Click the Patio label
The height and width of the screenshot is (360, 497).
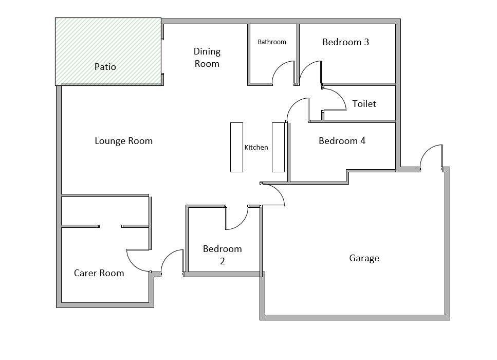point(105,67)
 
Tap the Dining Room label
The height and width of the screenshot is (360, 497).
point(207,58)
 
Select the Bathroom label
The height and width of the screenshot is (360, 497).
point(272,42)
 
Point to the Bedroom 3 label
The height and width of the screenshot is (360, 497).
point(345,42)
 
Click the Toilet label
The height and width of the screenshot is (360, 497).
point(364,104)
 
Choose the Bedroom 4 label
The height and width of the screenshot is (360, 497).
point(342,141)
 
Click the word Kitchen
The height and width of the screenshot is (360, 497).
point(256,148)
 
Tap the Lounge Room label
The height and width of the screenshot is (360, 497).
point(123,141)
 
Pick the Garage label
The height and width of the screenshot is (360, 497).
point(364,258)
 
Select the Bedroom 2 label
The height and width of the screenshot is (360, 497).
point(222,255)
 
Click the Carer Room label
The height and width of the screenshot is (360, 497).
point(99,273)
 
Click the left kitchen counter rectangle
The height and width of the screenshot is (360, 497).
point(236,147)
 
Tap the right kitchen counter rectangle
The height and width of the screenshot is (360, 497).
point(278,147)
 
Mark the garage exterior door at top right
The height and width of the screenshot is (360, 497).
point(431,157)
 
